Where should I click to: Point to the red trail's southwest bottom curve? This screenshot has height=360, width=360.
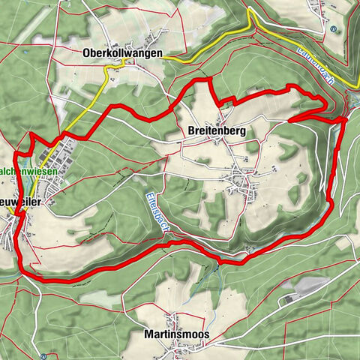point(30,274)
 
